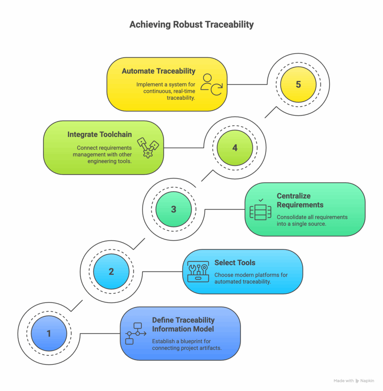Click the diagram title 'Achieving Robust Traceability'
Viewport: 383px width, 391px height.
(x=191, y=25)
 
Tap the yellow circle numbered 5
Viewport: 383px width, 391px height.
(x=298, y=84)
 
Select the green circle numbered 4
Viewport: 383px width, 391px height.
(x=235, y=148)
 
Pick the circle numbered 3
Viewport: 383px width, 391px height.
(x=174, y=209)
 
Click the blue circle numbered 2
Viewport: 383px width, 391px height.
(x=111, y=271)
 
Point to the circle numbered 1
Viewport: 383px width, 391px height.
(x=49, y=334)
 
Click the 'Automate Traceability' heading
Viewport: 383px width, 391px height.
(x=158, y=71)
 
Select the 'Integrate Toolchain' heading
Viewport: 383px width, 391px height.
(x=100, y=134)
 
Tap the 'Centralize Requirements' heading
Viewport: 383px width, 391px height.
(x=300, y=200)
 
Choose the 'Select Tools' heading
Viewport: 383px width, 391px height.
(x=235, y=263)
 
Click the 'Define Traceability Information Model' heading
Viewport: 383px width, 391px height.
(x=183, y=324)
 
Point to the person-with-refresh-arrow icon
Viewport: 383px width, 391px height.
(x=212, y=84)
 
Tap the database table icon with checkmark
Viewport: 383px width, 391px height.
(x=260, y=209)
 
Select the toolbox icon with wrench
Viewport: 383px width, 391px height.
(x=198, y=271)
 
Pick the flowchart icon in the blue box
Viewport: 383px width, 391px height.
(x=136, y=334)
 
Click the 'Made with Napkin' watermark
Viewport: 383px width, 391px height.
(x=353, y=381)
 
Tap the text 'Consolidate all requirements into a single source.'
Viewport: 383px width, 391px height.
(x=312, y=221)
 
